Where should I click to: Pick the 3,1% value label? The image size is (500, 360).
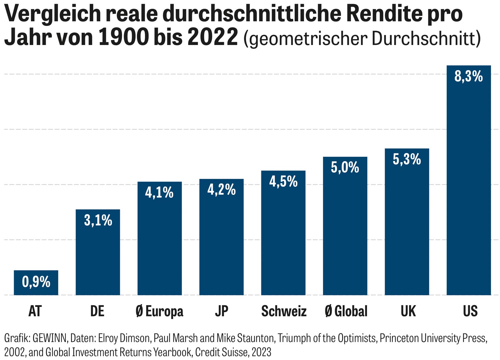coord(98,221)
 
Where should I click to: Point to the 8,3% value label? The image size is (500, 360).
coord(468,76)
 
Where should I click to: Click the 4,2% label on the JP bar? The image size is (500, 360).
coord(221,190)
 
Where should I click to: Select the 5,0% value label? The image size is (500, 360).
coord(345,167)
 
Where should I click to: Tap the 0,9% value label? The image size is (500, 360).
coord(36,282)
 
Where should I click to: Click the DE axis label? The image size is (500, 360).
coord(97,311)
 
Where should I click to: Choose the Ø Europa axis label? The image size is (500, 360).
coord(159,311)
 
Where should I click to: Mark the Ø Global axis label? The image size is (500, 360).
coord(346,311)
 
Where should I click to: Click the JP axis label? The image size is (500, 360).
coord(221,311)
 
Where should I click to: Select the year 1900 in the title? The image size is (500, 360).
coord(124,37)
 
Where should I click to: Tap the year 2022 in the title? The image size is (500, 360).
coord(212,37)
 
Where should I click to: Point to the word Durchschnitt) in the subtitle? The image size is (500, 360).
coord(426,39)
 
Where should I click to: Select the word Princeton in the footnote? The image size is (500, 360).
coord(398,338)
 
